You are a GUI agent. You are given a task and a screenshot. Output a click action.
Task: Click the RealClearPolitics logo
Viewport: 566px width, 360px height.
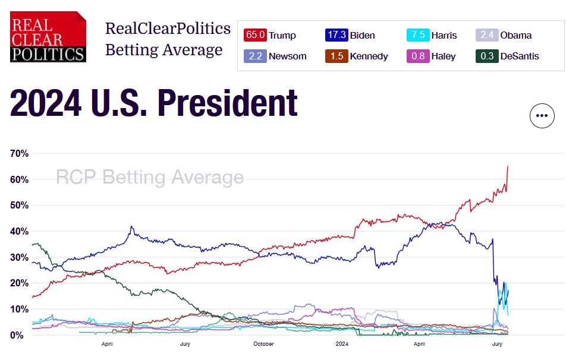[48, 37]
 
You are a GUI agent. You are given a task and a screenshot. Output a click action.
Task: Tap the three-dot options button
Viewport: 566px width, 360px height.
[542, 116]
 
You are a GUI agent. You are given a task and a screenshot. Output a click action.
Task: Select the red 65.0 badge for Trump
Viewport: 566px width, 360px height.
[256, 35]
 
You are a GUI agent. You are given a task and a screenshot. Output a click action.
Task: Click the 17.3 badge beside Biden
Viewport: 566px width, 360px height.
[337, 35]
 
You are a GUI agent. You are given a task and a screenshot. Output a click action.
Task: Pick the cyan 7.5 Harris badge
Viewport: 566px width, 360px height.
[418, 35]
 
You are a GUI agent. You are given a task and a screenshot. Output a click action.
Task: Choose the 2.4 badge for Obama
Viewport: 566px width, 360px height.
[487, 35]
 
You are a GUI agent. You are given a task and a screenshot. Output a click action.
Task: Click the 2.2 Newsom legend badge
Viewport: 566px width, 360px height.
[256, 56]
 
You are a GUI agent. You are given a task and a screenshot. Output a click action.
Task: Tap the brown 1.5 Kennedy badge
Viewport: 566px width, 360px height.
[337, 56]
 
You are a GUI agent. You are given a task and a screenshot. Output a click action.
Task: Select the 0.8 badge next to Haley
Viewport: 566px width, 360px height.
[418, 56]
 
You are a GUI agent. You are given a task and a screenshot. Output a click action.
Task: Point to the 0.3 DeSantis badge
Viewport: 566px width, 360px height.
[487, 56]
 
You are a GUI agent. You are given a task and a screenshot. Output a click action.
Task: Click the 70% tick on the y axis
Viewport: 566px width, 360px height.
[19, 153]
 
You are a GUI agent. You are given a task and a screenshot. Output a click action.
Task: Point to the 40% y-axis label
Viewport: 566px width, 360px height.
[19, 231]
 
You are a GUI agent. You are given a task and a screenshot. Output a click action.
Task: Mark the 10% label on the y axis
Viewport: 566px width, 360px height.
[19, 309]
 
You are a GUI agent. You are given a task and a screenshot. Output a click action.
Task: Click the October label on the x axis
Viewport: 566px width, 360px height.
[263, 344]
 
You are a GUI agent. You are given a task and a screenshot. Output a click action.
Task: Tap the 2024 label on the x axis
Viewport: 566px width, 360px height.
[342, 344]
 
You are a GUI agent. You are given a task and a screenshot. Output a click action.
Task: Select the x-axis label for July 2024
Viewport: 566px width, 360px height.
[498, 344]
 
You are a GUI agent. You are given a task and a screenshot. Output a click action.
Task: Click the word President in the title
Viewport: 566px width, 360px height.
[227, 103]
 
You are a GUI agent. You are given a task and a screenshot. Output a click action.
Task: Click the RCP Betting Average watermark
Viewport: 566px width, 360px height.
[149, 177]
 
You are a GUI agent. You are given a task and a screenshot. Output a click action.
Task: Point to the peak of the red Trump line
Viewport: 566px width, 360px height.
[508, 166]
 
